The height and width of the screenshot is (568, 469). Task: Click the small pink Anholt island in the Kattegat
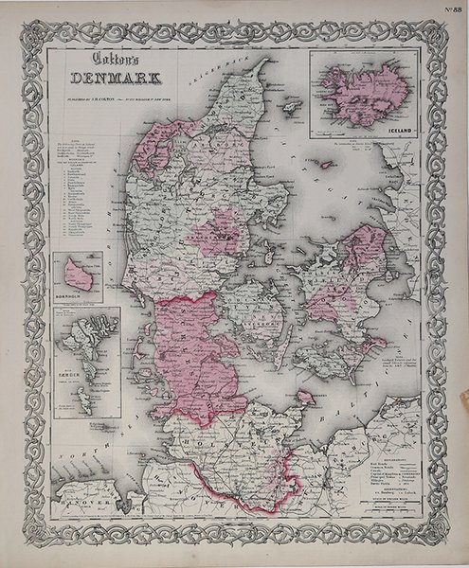326,164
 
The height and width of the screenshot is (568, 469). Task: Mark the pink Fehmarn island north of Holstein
305,397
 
